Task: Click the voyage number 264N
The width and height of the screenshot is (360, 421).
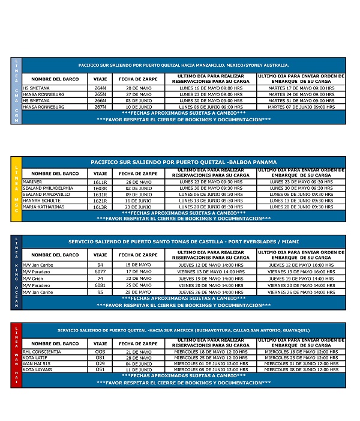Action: (100, 88)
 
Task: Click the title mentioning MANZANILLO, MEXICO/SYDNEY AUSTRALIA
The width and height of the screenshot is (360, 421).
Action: (184, 65)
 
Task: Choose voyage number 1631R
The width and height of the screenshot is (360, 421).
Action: (100, 195)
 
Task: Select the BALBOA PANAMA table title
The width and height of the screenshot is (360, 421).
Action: (184, 162)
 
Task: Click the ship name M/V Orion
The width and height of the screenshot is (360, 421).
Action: (37, 279)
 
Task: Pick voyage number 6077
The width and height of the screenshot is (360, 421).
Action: (100, 271)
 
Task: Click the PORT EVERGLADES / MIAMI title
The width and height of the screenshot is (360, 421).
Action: (184, 241)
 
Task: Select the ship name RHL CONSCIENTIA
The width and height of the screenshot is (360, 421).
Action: (41, 351)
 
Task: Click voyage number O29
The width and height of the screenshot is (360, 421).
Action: (100, 364)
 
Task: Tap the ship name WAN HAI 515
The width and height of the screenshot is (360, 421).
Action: (38, 364)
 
